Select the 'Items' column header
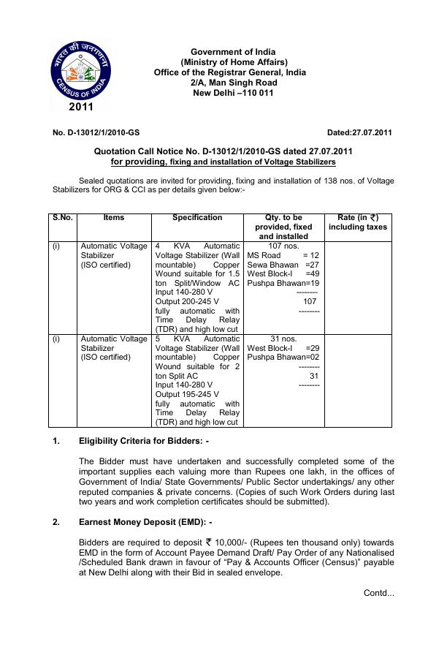pyautogui.click(x=114, y=218)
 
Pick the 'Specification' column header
pyautogui.click(x=197, y=218)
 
